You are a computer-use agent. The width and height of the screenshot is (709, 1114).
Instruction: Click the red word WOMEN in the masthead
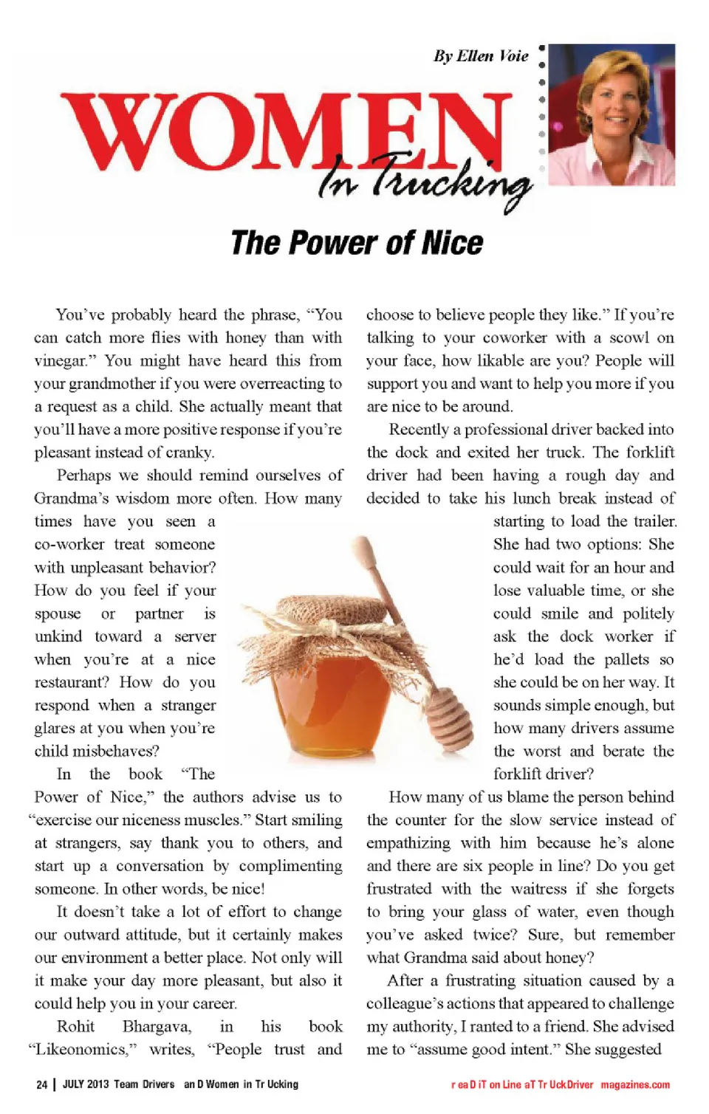click(288, 133)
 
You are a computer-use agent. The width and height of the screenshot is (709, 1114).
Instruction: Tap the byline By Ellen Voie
click(481, 56)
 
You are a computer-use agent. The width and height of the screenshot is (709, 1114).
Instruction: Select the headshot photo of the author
click(612, 114)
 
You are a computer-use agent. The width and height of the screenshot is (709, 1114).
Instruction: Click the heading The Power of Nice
click(357, 243)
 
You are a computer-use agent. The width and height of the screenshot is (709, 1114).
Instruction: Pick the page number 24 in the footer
click(41, 1084)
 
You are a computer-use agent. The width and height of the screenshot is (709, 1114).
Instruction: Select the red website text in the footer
click(561, 1084)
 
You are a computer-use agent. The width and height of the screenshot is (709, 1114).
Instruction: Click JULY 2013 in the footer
click(85, 1084)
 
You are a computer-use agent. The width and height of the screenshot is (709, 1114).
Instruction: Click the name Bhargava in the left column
click(157, 1026)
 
